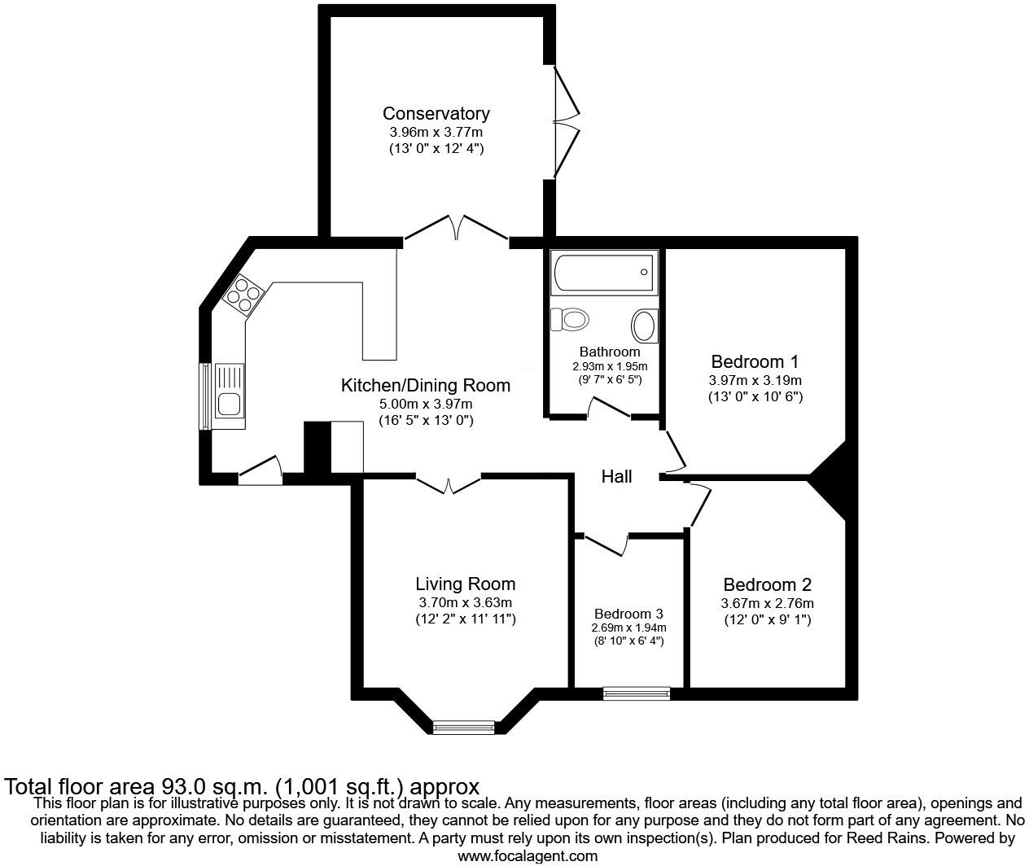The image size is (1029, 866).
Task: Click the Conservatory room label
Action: (x=436, y=114)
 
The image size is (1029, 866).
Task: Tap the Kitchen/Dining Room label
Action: (x=425, y=385)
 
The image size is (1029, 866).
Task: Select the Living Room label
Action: (x=465, y=584)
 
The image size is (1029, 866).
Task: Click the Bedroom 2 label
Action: (x=767, y=584)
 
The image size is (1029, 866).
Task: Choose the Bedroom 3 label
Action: (x=628, y=614)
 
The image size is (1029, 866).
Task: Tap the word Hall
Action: (x=616, y=476)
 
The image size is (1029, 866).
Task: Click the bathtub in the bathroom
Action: (x=604, y=273)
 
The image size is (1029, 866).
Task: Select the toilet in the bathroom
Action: (x=571, y=319)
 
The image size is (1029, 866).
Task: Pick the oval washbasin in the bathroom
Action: (x=645, y=326)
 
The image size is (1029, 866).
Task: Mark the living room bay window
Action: (x=464, y=727)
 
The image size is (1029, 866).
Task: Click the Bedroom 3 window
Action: (x=637, y=693)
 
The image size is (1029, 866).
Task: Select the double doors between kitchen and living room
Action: (x=449, y=483)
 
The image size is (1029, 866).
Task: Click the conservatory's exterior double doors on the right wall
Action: (x=567, y=122)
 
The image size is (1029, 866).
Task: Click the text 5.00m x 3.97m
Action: (x=425, y=404)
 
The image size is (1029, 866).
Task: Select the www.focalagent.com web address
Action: (x=527, y=856)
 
